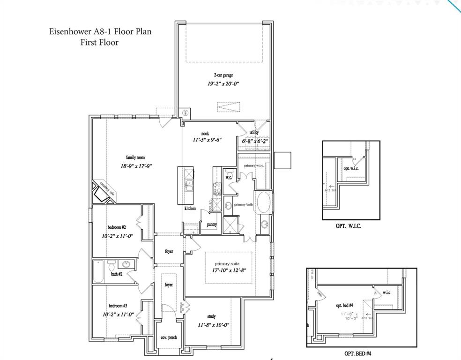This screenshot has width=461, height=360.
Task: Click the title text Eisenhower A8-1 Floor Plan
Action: [x=100, y=32]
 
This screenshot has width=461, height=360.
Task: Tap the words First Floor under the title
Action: [x=100, y=42]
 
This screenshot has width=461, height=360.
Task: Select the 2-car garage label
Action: [x=223, y=75]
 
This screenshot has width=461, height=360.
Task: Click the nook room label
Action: [x=205, y=134]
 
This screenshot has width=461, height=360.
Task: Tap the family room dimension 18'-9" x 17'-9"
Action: [x=137, y=166]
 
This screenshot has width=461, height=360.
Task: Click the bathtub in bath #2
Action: [x=100, y=273]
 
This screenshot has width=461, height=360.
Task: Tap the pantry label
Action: [x=212, y=225]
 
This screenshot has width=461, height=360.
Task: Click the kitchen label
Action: [x=190, y=208]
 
